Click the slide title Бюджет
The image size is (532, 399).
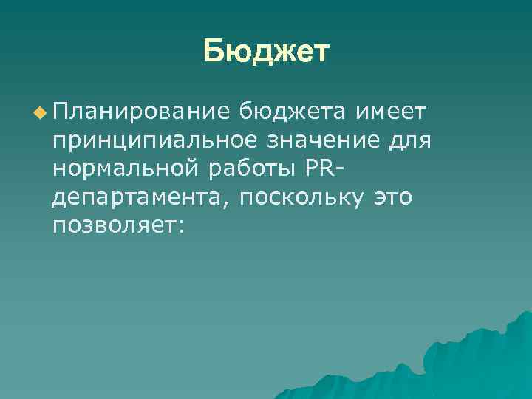point(266,52)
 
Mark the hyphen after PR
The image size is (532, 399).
point(341,170)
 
